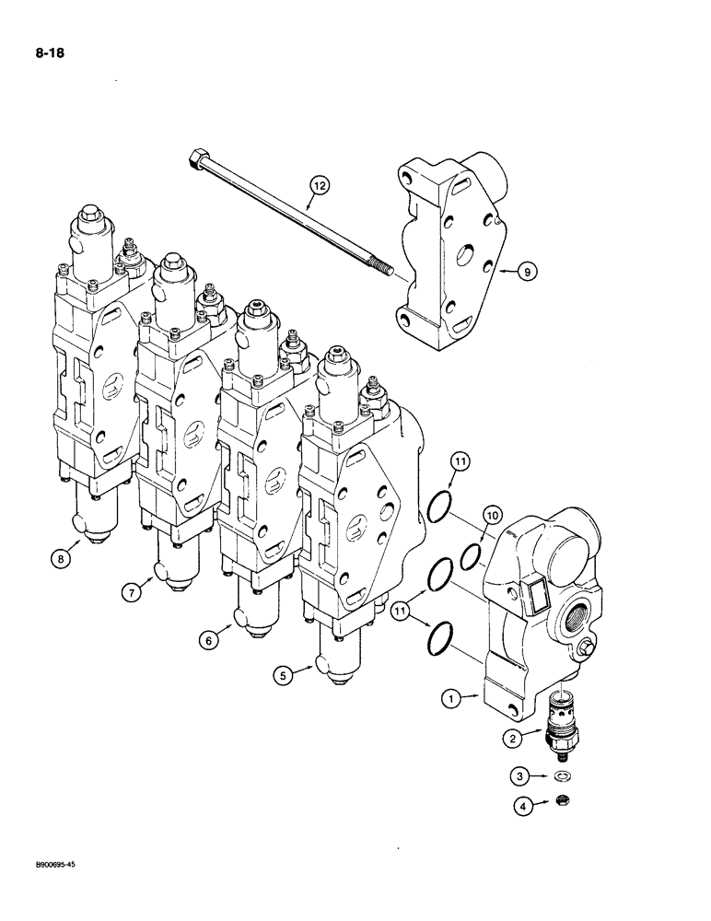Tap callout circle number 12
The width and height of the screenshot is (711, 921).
319,188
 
